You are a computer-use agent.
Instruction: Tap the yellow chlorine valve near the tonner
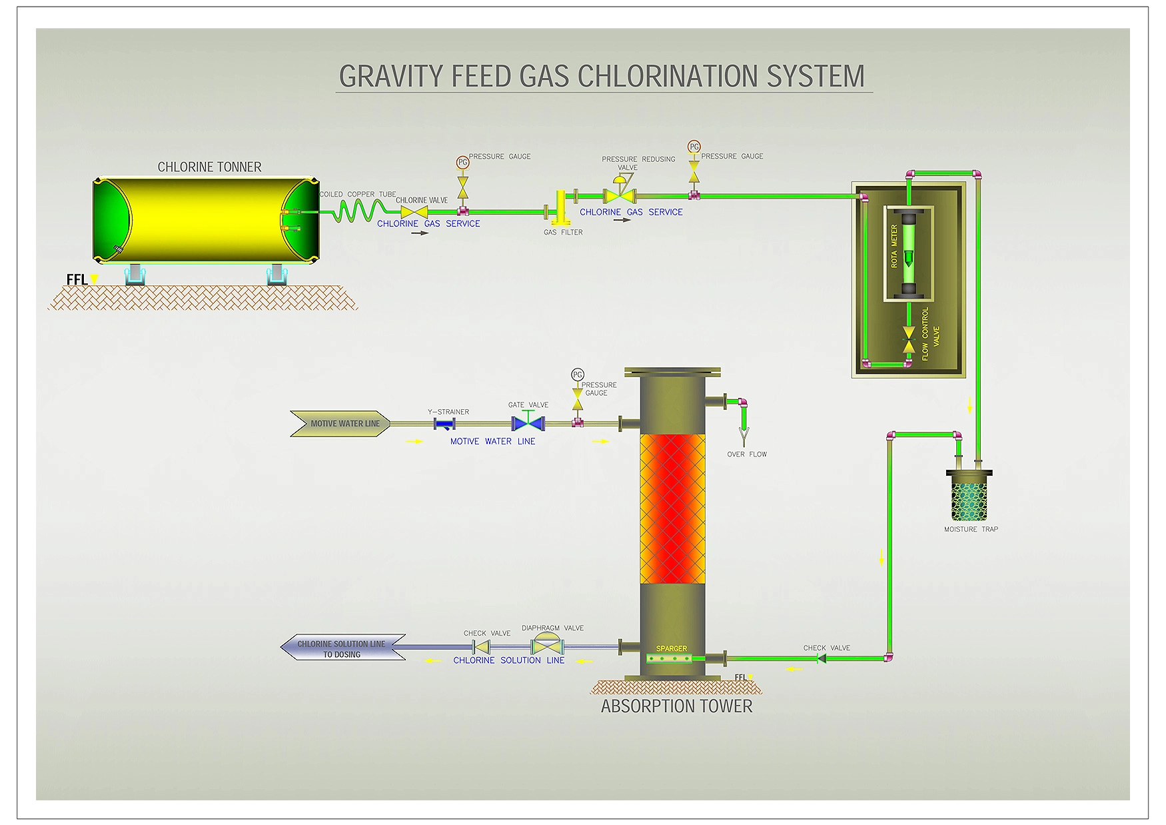[414, 212]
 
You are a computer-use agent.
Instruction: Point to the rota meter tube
[908, 253]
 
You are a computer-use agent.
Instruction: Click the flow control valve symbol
[908, 339]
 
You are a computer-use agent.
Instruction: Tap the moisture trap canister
[969, 496]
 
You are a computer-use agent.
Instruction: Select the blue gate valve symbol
[528, 423]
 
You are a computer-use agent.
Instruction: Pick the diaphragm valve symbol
[547, 645]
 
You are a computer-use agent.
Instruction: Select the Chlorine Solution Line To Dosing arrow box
[342, 648]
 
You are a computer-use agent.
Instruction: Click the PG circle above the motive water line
[578, 375]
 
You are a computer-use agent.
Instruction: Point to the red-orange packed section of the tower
[672, 508]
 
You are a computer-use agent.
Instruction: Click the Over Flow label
[746, 454]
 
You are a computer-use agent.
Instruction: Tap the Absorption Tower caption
[676, 706]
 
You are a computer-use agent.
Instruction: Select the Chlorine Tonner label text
[209, 167]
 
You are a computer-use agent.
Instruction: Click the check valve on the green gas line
[822, 658]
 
